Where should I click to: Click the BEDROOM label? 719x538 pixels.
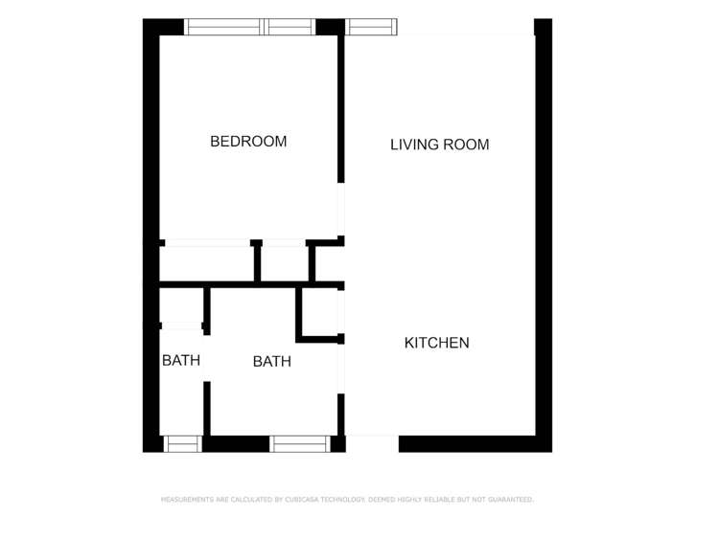(248, 142)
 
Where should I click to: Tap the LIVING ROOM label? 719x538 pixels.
(439, 145)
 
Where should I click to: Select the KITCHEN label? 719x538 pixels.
(436, 343)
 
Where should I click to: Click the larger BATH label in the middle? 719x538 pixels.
(271, 361)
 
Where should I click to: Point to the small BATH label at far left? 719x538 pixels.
(180, 361)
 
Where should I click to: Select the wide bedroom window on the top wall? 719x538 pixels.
(249, 27)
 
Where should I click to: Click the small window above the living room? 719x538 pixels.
(371, 27)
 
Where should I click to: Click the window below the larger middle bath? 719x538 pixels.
(299, 443)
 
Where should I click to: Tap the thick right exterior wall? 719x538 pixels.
(544, 230)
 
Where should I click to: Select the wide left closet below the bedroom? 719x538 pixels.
(207, 262)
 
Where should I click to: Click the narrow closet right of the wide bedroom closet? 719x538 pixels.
(285, 262)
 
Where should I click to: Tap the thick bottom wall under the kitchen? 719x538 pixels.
(467, 443)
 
